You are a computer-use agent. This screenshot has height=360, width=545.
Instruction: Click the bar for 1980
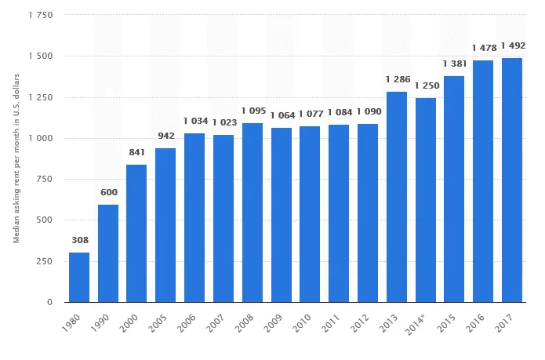click(79, 278)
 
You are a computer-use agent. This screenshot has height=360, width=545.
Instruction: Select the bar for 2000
click(136, 234)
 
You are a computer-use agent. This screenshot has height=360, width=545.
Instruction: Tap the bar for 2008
click(253, 213)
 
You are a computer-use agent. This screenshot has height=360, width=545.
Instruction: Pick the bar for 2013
click(397, 197)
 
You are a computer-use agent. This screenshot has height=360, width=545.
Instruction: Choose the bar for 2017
click(512, 180)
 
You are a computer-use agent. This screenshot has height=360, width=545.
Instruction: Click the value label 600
click(109, 192)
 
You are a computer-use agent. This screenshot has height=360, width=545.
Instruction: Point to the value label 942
click(166, 136)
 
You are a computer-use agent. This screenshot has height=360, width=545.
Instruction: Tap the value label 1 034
click(196, 121)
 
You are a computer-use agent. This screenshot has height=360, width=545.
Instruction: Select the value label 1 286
click(398, 79)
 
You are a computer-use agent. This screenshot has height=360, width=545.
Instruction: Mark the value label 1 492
click(513, 45)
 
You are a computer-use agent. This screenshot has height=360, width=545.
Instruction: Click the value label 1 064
click(282, 115)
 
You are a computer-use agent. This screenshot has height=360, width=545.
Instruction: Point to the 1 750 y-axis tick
click(41, 15)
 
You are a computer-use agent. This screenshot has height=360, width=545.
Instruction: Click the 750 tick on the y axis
click(45, 180)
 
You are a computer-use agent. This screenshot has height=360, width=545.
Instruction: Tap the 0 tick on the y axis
click(49, 302)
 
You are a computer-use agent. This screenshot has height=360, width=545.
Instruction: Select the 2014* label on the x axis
click(416, 324)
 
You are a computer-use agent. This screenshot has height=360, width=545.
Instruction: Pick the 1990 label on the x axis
click(100, 323)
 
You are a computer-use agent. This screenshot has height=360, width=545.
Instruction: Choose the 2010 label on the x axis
click(302, 323)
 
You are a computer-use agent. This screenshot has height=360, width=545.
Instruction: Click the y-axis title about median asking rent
click(16, 158)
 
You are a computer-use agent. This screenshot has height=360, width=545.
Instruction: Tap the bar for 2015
click(454, 189)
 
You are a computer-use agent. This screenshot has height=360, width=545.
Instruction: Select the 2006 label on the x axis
click(187, 323)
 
